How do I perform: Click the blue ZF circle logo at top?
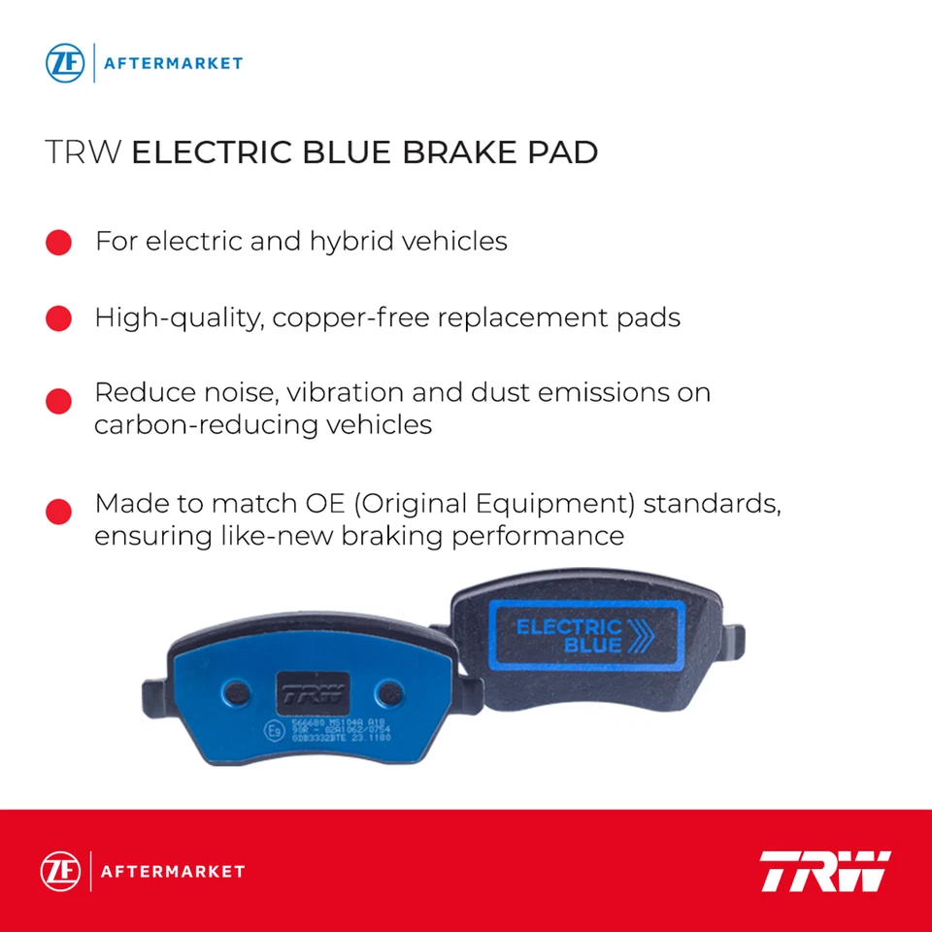click(x=65, y=63)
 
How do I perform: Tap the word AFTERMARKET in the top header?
click(x=174, y=64)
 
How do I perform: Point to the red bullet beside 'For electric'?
click(x=58, y=243)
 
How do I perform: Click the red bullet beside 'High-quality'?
click(x=58, y=318)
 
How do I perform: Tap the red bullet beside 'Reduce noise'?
click(x=58, y=401)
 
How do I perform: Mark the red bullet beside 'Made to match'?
click(x=58, y=513)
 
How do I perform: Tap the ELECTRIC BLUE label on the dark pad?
click(x=571, y=636)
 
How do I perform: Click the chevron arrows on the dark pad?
click(x=642, y=637)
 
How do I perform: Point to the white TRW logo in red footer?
click(x=824, y=871)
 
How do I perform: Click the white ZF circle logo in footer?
click(x=59, y=871)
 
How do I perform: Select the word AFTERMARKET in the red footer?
click(x=173, y=872)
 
